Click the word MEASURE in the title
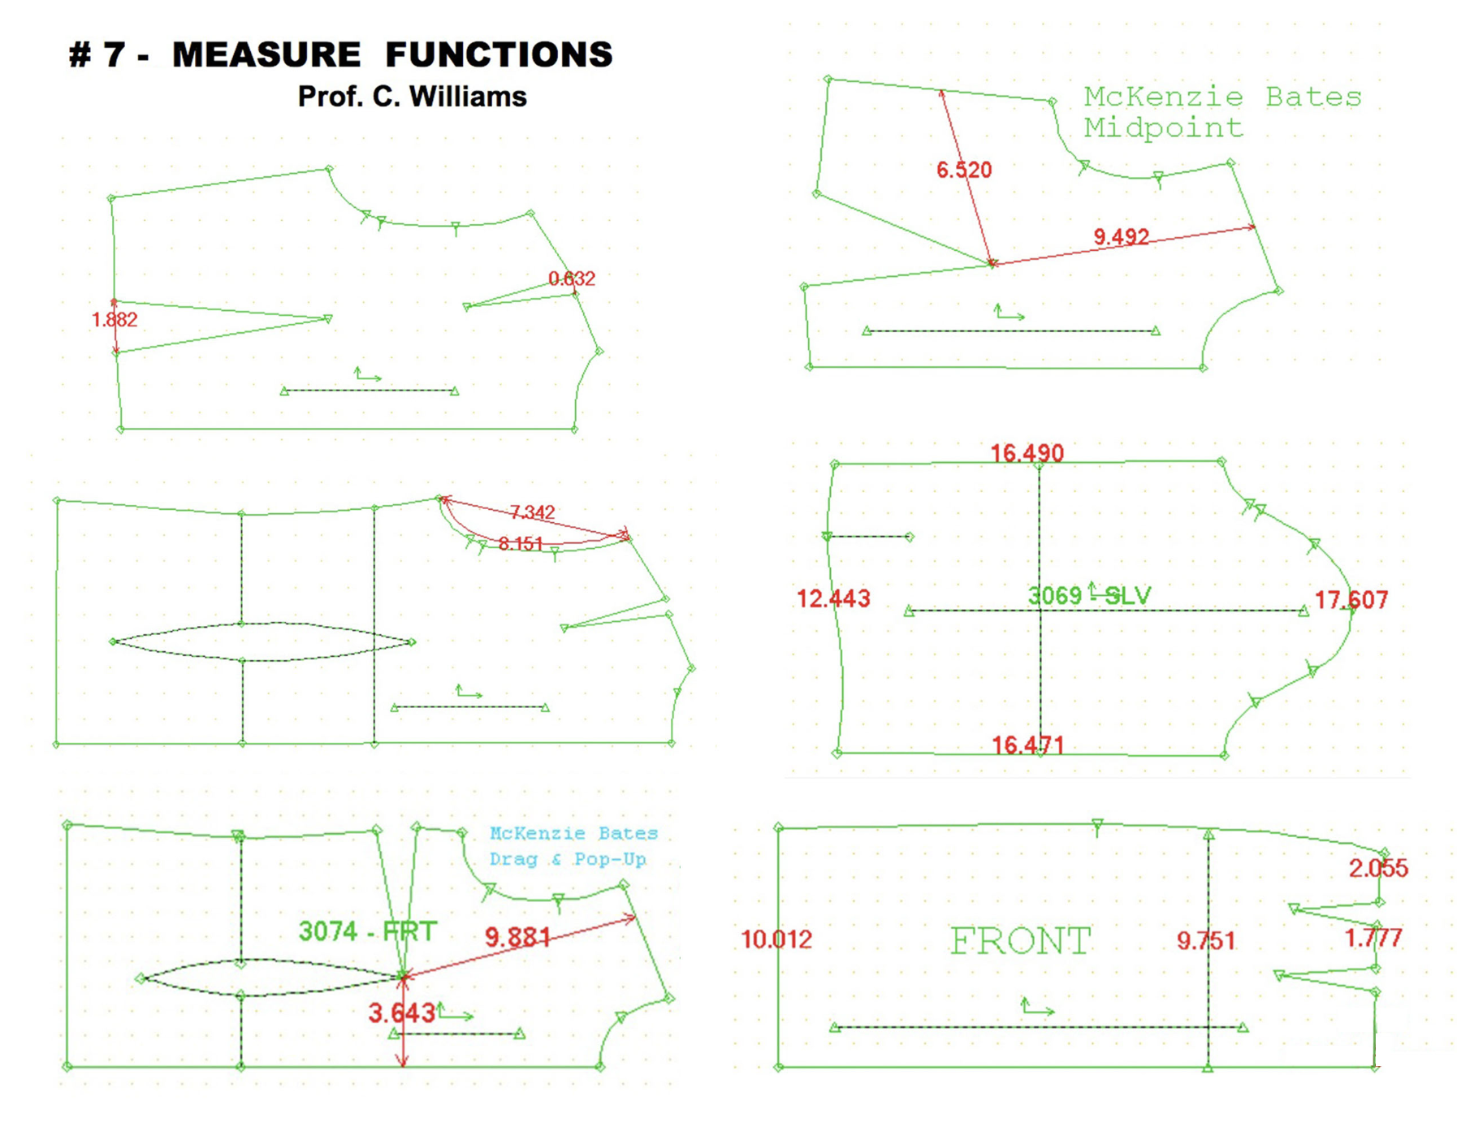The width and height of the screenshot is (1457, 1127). (266, 55)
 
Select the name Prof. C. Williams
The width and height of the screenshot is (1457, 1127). (412, 97)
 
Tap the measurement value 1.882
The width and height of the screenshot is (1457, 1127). (115, 320)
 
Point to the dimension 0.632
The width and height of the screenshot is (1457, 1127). (572, 279)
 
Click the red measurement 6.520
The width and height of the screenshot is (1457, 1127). (964, 170)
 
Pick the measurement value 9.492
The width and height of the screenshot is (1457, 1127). (1121, 236)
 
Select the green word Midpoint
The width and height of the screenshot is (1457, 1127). (1163, 127)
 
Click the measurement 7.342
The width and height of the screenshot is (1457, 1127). (532, 512)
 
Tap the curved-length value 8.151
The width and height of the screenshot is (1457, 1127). (520, 543)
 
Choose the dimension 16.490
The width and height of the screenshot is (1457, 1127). (1027, 453)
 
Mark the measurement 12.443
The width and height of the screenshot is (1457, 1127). (833, 599)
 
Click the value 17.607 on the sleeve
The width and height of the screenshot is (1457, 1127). (1351, 600)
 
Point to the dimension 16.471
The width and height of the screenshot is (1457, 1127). (1027, 745)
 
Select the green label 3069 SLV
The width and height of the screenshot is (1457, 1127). (1089, 596)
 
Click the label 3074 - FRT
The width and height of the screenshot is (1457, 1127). (368, 931)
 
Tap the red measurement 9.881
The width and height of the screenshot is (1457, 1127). (518, 938)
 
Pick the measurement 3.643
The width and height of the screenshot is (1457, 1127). (401, 1013)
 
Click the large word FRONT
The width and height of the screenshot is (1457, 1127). (1020, 941)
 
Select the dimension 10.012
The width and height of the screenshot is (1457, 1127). (776, 939)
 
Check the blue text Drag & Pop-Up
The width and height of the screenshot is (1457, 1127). (568, 859)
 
